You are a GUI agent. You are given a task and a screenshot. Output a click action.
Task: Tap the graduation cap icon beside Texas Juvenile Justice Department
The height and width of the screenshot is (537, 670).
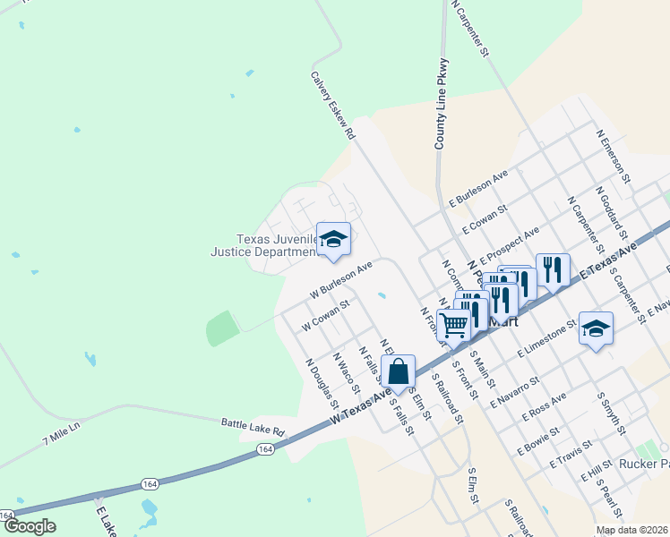(333, 239)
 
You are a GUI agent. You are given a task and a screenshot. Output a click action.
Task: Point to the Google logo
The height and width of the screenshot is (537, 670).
(30, 526)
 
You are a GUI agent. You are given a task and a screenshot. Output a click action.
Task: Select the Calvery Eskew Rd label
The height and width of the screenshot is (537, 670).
(332, 106)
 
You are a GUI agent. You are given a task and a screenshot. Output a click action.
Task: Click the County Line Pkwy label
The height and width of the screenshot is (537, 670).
(441, 104)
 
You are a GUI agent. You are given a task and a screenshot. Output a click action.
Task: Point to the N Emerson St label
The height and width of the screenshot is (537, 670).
(614, 151)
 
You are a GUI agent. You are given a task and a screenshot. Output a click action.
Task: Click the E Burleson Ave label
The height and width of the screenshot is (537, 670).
(478, 188)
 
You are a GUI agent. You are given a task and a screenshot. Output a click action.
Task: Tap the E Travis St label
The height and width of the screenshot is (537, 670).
(570, 453)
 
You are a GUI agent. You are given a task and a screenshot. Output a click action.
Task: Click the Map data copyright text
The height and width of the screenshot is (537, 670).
(632, 530)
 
